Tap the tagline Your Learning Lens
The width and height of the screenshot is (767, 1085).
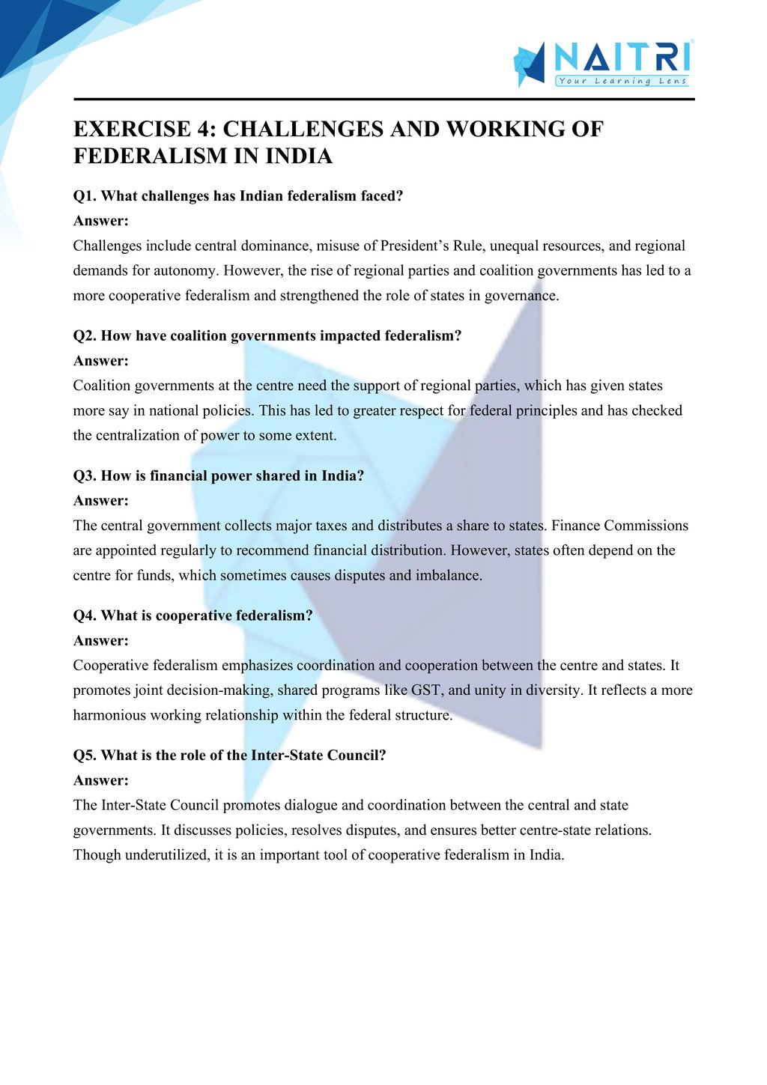(x=622, y=81)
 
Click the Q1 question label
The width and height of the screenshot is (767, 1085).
(x=85, y=196)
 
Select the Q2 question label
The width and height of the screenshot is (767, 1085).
(x=85, y=336)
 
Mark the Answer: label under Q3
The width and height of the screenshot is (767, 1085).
(x=101, y=500)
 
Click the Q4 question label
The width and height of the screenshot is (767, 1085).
(x=85, y=616)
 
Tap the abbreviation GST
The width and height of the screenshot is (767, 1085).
(x=425, y=690)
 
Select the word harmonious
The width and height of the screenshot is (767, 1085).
(x=109, y=715)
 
